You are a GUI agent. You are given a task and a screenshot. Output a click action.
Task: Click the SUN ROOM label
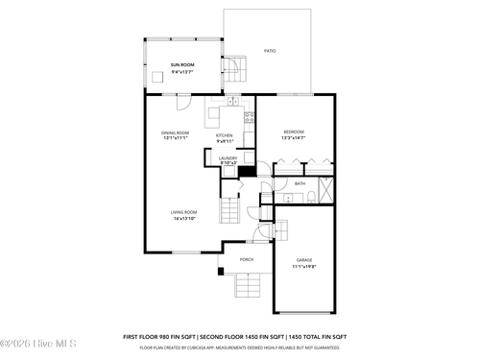coord(181,64)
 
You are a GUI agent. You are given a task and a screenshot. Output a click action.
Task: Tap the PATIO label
coord(270,51)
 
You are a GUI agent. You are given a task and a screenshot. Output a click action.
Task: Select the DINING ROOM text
coord(175,132)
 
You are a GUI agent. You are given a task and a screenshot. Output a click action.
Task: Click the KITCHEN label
coord(224,135)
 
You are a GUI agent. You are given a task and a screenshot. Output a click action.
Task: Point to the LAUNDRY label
coord(228,158)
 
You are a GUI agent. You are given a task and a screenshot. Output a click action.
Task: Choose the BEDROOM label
coord(293,132)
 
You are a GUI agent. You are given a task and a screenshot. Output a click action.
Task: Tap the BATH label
coord(300,183)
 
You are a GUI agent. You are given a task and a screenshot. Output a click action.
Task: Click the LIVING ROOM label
coord(184,212)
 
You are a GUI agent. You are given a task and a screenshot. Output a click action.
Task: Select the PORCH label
coord(247,259)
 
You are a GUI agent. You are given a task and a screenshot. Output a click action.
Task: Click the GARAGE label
coord(304,260)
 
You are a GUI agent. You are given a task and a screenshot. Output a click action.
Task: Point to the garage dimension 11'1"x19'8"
coord(304,267)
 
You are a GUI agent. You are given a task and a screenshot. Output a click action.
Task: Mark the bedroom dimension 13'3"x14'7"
coord(293,138)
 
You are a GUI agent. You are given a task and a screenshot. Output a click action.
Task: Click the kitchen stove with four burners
coord(249,119)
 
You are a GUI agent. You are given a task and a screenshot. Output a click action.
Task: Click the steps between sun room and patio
coord(235,70)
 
